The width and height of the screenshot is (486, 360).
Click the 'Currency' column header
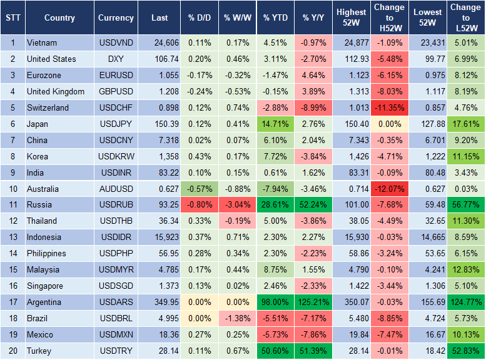[x=116, y=18]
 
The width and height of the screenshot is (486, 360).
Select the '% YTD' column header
[x=276, y=18]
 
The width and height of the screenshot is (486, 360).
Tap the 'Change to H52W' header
[x=389, y=18]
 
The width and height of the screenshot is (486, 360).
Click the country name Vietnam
[x=42, y=43]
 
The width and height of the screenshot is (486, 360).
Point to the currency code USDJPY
[x=116, y=124]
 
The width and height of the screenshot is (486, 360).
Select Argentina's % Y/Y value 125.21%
[x=315, y=302]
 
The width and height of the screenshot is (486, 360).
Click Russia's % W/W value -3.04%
[x=236, y=205]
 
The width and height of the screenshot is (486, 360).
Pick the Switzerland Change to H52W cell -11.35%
[x=389, y=107]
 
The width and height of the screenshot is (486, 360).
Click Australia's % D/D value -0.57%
[x=199, y=189]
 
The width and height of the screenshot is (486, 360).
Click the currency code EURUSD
[x=116, y=76]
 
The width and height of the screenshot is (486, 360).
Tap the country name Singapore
[x=45, y=286]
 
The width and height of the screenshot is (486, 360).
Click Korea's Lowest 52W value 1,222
[x=427, y=156]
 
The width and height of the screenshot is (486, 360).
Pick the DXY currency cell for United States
[x=116, y=59]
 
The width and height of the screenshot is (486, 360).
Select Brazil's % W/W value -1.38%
[x=236, y=318]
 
